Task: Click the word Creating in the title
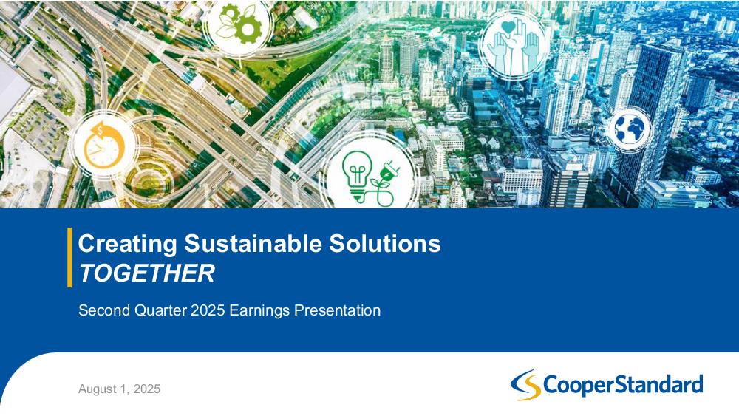point(128,244)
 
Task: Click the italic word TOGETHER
point(146,273)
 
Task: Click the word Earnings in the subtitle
point(259,311)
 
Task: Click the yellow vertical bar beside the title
point(69,257)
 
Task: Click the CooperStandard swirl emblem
point(525,385)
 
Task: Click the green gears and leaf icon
point(239,24)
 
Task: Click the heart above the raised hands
point(508,27)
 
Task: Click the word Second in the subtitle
point(104,310)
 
